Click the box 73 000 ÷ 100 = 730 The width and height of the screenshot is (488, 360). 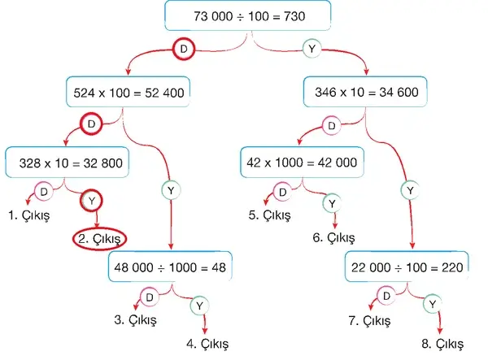pos(248,15)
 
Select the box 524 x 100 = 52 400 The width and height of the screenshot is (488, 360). pos(128,92)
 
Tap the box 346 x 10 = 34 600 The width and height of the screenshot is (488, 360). pos(365,92)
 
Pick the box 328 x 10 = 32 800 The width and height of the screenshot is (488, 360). pos(68,163)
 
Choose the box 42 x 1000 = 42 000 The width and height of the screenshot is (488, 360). pos(302,163)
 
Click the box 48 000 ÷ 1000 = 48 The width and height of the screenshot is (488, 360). pos(170,267)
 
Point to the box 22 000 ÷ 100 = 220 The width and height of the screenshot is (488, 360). pos(407,267)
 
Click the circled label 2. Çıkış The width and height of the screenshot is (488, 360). pos(99,239)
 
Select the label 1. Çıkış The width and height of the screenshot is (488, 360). pos(29,215)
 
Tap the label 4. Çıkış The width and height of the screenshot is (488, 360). pos(207,344)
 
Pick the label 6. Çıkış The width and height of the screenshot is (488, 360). pos(333,238)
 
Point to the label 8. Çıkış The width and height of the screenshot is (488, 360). pos(442,344)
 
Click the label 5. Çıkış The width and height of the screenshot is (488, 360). pos(269,215)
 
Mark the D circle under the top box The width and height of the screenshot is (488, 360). pos(184,49)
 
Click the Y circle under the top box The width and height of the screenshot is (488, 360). pos(312,49)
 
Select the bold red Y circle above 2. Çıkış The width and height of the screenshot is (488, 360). pos(91,201)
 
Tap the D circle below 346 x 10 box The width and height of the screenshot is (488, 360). pos(332,126)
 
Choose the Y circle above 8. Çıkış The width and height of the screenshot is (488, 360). pos(433,304)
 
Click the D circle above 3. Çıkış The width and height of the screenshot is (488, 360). pos(150,297)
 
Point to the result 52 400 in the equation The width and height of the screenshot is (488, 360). pos(164,93)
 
